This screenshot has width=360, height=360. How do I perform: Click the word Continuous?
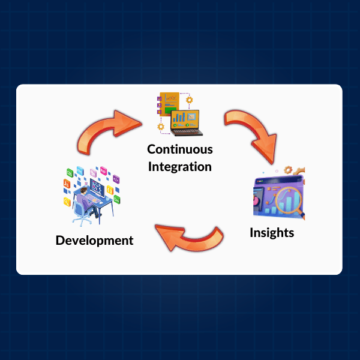pyautogui.click(x=180, y=149)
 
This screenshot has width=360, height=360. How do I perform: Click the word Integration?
pyautogui.click(x=180, y=166)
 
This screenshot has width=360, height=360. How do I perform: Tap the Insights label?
pyautogui.click(x=272, y=232)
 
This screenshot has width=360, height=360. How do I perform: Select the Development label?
pyautogui.click(x=94, y=241)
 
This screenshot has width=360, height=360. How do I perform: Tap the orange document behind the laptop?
pyautogui.click(x=169, y=104)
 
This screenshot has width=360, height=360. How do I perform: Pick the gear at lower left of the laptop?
pyautogui.click(x=161, y=127)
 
